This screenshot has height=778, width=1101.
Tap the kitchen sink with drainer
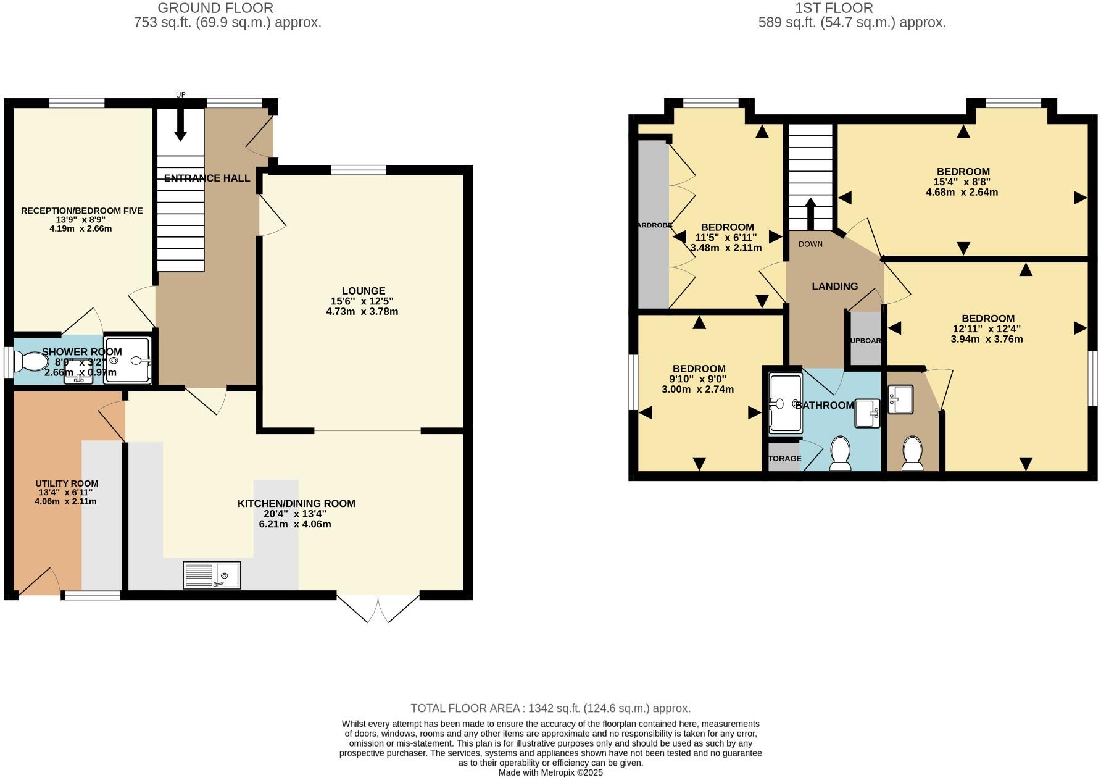click(212, 575)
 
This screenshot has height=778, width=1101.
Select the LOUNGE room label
click(364, 291)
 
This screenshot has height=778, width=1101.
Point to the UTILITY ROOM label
click(67, 483)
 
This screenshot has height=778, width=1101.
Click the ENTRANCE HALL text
click(207, 178)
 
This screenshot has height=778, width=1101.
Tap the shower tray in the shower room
click(127, 360)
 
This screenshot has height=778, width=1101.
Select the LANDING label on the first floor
click(834, 287)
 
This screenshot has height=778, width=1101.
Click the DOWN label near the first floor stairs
click(810, 244)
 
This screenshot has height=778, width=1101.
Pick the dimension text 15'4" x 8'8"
click(963, 182)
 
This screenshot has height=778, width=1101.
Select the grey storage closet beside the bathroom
click(783, 458)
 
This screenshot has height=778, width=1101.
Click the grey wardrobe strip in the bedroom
click(652, 225)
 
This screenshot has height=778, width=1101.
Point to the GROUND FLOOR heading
click(215, 8)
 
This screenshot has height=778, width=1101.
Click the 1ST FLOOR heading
click(851, 8)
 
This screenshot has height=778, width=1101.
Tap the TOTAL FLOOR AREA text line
click(550, 708)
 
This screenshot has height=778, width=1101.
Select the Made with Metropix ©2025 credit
click(550, 772)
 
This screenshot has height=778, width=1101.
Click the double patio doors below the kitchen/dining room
click(378, 608)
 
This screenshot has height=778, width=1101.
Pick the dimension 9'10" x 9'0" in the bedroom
click(697, 379)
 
